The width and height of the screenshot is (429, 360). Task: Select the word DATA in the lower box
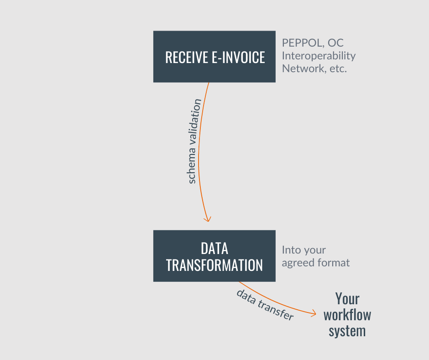point(214,249)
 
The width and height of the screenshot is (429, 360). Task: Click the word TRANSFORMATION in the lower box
point(214,265)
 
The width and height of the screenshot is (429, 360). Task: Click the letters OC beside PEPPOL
point(336,43)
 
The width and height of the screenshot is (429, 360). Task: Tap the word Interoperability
point(319,56)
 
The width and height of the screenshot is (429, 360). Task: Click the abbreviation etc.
point(338,69)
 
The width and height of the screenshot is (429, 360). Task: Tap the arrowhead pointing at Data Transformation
point(208,219)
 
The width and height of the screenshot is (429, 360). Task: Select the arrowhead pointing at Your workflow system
point(313,313)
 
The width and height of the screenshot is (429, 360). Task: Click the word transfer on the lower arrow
point(276,309)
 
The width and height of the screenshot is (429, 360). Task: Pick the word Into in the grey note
point(292,250)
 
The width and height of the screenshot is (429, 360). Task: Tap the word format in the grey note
point(333,263)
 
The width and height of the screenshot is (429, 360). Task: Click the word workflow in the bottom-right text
point(347,315)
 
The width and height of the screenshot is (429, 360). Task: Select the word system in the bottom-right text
point(347,332)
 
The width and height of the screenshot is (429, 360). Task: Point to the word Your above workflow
point(347,298)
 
